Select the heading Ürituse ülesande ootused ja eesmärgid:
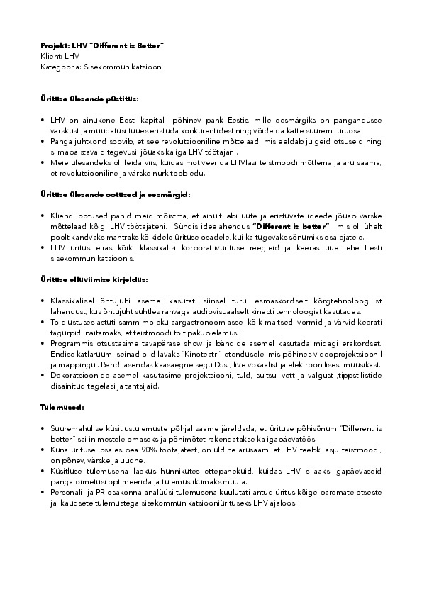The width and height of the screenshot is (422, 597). pos(115,194)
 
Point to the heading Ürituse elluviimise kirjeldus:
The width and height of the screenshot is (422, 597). pos(94,280)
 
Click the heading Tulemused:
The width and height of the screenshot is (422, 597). pos(61,408)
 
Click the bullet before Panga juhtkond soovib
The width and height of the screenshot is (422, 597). pos(43,141)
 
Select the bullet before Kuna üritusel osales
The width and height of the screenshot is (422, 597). pos(43,450)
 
